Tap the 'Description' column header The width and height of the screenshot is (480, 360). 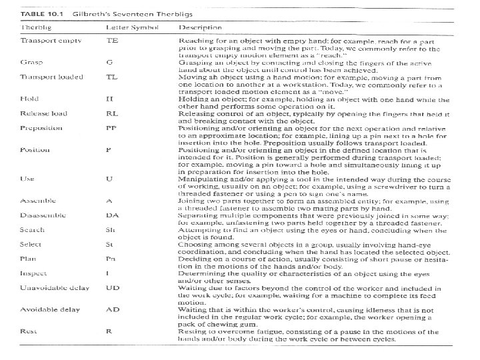pyautogui.click(x=200, y=28)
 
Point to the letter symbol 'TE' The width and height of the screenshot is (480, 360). pyautogui.click(x=113, y=41)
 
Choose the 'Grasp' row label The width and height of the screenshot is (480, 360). pyautogui.click(x=29, y=62)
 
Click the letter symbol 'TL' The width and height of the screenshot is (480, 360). pyautogui.click(x=112, y=77)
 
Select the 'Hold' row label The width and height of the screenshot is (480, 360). pyautogui.click(x=28, y=98)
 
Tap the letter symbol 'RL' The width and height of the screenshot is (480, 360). pyautogui.click(x=113, y=113)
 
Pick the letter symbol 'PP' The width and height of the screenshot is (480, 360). pyautogui.click(x=112, y=128)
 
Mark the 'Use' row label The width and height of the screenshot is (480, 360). pyautogui.click(x=26, y=179)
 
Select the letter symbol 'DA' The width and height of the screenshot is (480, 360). pyautogui.click(x=113, y=215)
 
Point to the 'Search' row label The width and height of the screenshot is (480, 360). pyautogui.click(x=31, y=229)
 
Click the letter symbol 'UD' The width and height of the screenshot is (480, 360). pyautogui.click(x=113, y=287)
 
